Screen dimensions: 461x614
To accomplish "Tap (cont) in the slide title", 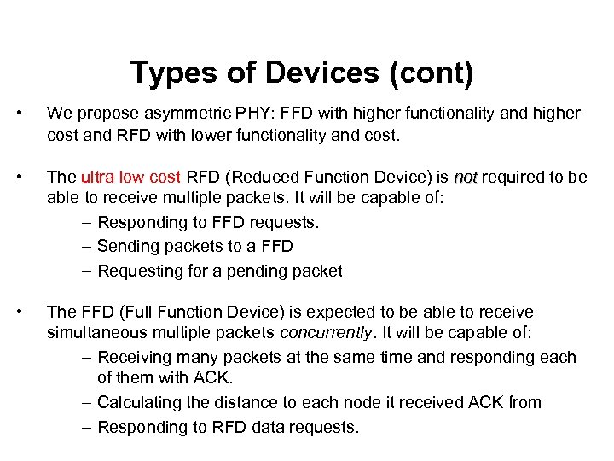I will pyautogui.click(x=431, y=73).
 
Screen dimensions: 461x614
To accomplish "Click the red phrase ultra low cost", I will pyautogui.click(x=130, y=177).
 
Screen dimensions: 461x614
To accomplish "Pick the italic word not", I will pyautogui.click(x=466, y=177).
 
